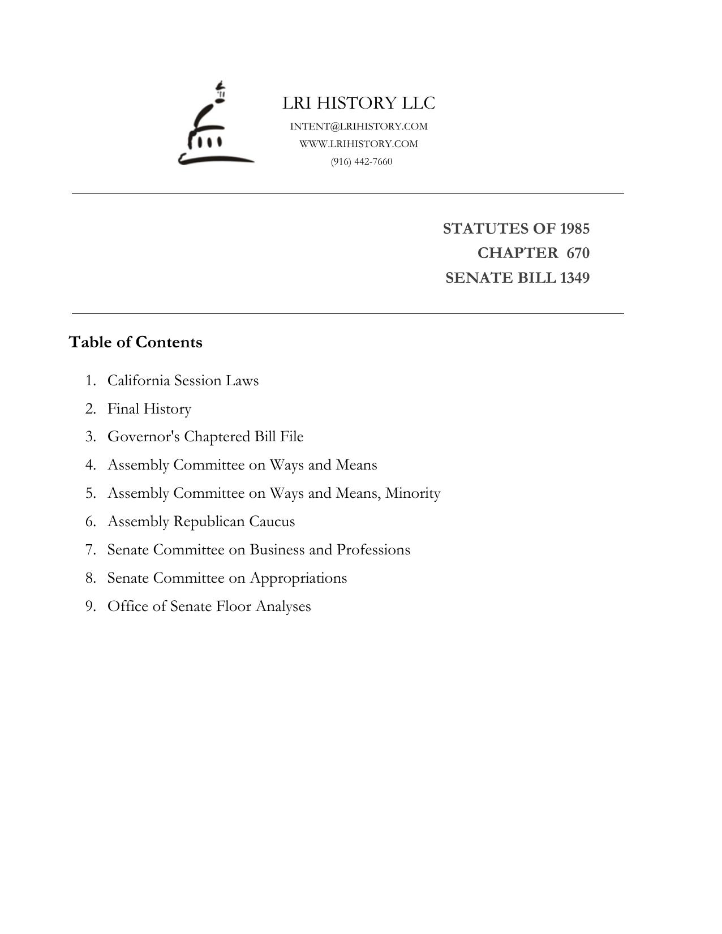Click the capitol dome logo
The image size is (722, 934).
click(215, 126)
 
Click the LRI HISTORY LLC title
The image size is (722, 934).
click(359, 103)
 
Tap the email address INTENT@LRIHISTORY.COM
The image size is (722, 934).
click(359, 126)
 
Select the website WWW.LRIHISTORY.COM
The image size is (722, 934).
click(359, 144)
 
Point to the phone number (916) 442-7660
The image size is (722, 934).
click(362, 161)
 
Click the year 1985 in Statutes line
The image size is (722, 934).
click(574, 229)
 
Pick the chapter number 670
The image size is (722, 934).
click(578, 253)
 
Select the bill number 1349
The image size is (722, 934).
click(574, 278)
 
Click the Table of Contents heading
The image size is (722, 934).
click(135, 342)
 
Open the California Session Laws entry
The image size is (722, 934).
click(183, 380)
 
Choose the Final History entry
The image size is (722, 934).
click(149, 408)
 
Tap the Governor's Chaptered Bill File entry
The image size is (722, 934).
click(205, 437)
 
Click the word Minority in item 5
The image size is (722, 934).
click(412, 493)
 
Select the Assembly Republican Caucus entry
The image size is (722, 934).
click(201, 522)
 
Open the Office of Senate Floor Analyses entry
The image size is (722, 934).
click(209, 606)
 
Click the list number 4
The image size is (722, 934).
click(91, 465)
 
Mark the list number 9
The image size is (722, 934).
click(91, 606)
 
